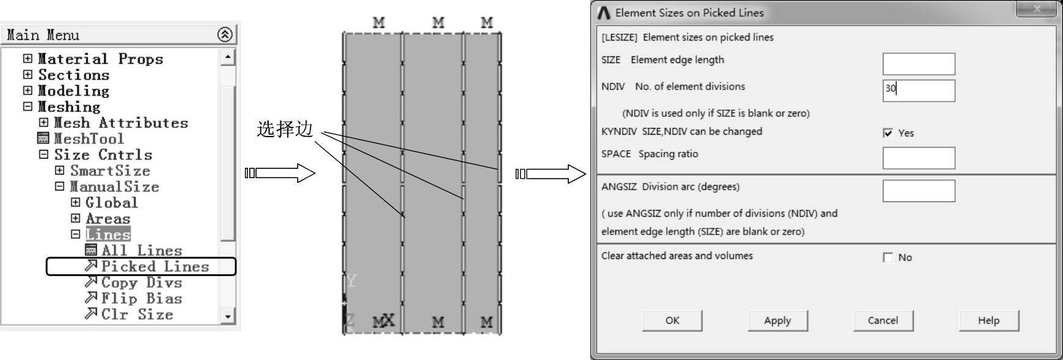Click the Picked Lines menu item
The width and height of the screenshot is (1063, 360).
coord(154,266)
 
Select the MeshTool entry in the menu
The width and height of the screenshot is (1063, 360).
coord(88,139)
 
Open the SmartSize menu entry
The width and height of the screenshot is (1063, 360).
coord(110,171)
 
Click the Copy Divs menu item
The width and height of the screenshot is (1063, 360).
coord(141,282)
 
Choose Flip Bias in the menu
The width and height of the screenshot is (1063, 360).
coord(141,298)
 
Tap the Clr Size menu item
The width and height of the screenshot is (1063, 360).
coord(137,314)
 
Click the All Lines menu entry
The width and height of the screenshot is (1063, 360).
coord(141,250)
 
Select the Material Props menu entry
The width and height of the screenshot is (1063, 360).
coord(100,59)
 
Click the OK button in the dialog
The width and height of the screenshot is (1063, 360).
coord(672,320)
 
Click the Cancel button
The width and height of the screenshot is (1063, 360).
coord(882,320)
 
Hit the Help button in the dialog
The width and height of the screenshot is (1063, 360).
coord(988,320)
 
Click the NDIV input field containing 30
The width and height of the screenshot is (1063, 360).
coord(918,90)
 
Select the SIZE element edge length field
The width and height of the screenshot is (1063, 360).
coord(918,64)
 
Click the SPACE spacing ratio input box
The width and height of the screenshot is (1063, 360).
coord(918,158)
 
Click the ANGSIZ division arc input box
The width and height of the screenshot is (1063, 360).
coord(918,190)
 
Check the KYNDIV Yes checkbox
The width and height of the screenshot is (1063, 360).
coord(888,133)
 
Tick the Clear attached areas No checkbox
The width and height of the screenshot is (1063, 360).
coord(888,257)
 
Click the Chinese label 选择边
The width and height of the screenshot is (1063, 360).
coord(285,129)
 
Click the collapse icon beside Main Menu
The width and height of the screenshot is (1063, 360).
coord(225,35)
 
